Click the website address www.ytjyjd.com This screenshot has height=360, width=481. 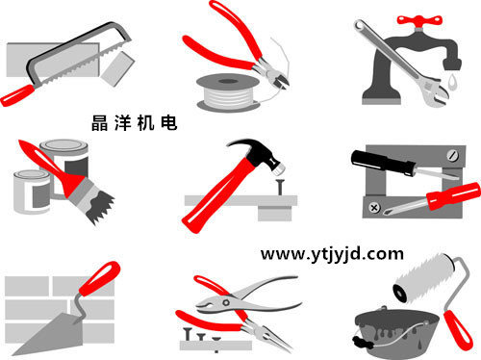tap(332, 254)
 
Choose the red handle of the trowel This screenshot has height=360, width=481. tap(99, 278)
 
